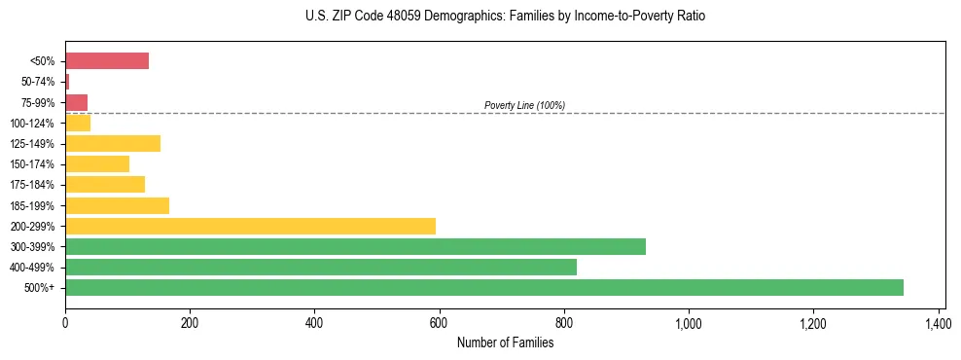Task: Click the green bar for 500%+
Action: pos(483,287)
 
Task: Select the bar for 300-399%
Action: pos(355,246)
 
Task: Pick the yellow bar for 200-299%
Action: pos(250,226)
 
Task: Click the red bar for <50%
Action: pos(107,61)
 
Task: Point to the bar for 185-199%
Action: pos(117,205)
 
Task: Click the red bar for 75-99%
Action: pos(77,102)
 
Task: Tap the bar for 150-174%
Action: pos(97,163)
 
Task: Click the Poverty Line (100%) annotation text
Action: pos(524,105)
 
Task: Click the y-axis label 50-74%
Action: pos(38,82)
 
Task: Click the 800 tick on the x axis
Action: pos(564,322)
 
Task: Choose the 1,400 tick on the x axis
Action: pos(938,322)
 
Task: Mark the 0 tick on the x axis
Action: pos(65,322)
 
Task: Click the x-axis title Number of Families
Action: pos(505,342)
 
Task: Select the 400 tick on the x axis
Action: pos(314,322)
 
